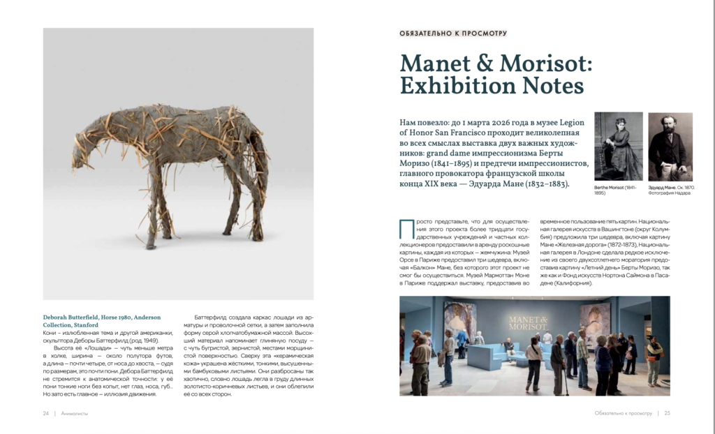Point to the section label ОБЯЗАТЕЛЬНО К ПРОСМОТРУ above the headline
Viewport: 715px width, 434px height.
(453, 33)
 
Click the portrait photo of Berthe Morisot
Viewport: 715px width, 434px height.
(618, 147)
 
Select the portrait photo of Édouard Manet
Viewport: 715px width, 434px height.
(670, 147)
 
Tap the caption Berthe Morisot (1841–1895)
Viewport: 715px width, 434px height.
(616, 190)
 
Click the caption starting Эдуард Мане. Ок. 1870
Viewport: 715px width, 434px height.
(670, 190)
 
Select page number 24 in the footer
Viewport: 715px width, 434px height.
(46, 413)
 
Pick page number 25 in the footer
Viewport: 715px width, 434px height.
(668, 413)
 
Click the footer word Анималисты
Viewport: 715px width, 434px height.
(75, 413)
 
